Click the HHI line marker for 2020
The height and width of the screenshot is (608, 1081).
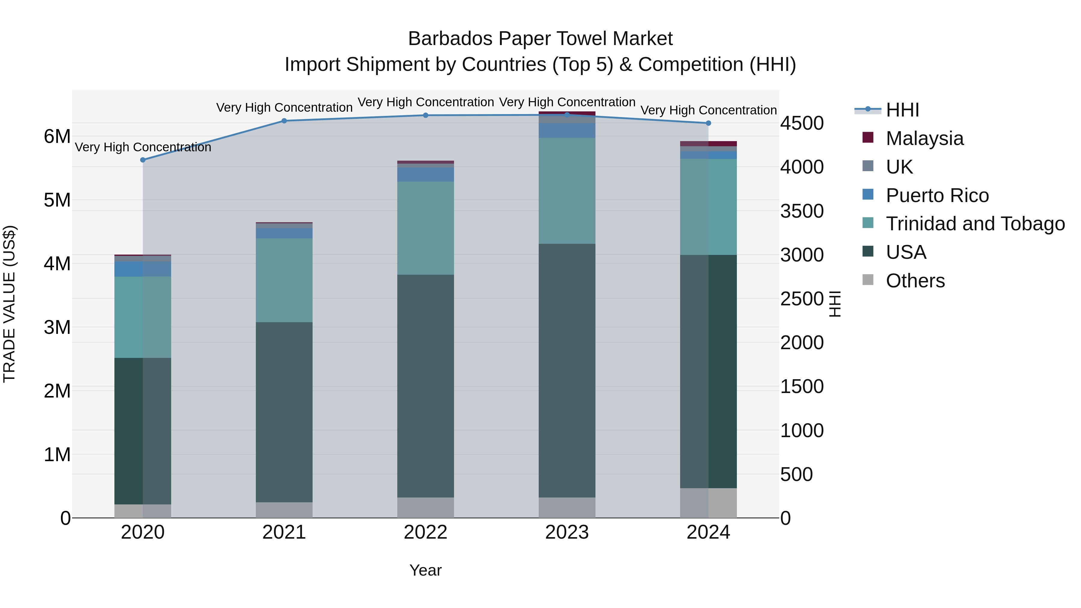pyautogui.click(x=143, y=160)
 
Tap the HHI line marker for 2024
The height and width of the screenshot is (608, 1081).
pyautogui.click(x=708, y=123)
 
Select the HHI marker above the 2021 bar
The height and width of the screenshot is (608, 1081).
pyautogui.click(x=284, y=121)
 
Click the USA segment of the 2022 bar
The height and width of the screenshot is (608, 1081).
pyautogui.click(x=425, y=386)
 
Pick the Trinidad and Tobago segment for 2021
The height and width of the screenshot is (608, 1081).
pyautogui.click(x=284, y=280)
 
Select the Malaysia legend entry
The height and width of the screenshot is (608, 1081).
pyautogui.click(x=925, y=138)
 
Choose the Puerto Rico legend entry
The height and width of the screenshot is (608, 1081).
pyautogui.click(x=937, y=195)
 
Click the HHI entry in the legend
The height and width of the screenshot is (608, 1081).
pyautogui.click(x=902, y=110)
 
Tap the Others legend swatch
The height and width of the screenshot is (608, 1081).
pyautogui.click(x=868, y=280)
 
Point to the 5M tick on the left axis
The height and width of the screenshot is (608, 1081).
pyautogui.click(x=57, y=200)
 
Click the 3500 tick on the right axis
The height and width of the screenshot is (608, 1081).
pyautogui.click(x=801, y=211)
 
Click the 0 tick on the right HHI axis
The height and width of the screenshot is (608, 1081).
pyautogui.click(x=786, y=519)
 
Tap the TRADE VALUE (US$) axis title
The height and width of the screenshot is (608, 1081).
pyautogui.click(x=9, y=304)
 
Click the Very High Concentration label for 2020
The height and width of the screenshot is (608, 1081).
pyautogui.click(x=143, y=147)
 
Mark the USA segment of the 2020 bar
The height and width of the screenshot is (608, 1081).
pyautogui.click(x=143, y=431)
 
